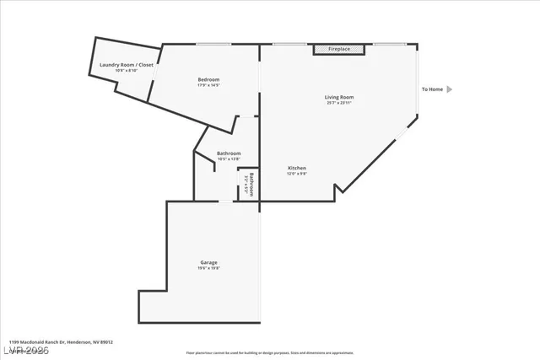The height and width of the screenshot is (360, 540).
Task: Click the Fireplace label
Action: (339, 50)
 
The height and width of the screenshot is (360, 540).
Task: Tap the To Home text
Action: (432, 89)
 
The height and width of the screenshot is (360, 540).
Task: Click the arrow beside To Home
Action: (450, 89)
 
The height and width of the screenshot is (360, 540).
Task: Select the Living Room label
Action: (339, 97)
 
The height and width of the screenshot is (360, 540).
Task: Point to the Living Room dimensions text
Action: (339, 103)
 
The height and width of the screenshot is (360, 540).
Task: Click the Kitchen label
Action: (296, 168)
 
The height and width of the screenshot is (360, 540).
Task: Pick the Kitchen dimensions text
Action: (296, 174)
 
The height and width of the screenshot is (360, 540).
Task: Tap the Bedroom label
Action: (208, 80)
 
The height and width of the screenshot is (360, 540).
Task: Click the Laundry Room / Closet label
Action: (127, 64)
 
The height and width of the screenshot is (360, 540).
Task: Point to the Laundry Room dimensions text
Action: (127, 70)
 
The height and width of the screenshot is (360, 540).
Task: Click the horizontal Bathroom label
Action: (229, 153)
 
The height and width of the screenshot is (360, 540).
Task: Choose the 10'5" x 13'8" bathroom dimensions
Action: (229, 159)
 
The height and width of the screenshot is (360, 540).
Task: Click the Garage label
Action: (208, 262)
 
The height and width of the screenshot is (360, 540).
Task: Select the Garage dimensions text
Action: (208, 268)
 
